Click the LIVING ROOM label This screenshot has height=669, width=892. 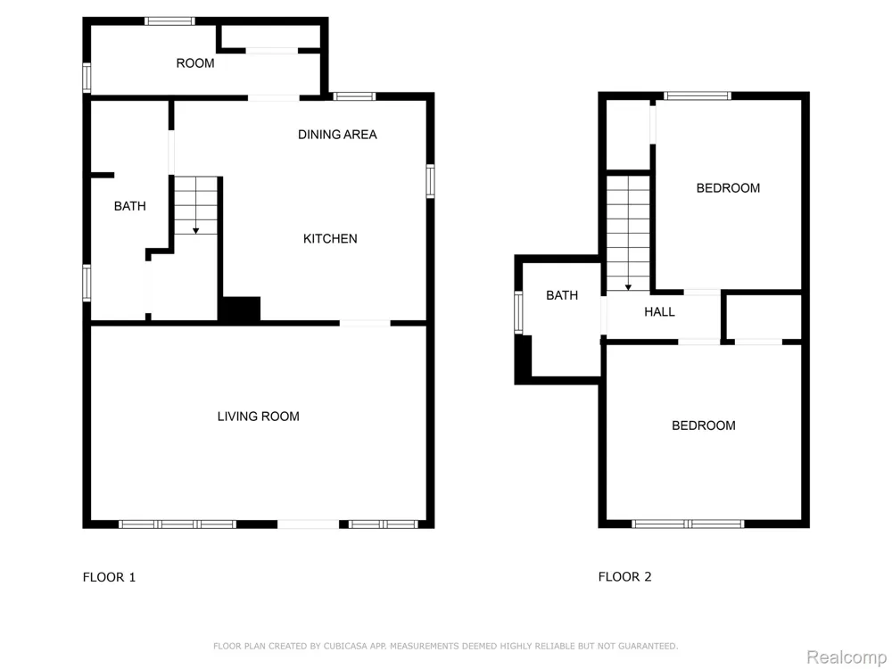(x=259, y=417)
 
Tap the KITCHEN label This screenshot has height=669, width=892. (x=330, y=239)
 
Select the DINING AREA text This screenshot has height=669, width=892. (x=337, y=135)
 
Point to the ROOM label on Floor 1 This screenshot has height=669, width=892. (x=195, y=63)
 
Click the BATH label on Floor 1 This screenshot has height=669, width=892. (x=129, y=206)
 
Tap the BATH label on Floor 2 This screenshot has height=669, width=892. (x=562, y=295)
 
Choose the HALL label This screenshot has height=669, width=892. (x=659, y=311)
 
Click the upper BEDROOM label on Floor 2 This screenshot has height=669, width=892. (x=728, y=188)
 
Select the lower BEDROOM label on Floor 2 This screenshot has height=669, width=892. (x=704, y=425)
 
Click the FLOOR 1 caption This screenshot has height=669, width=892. (x=109, y=577)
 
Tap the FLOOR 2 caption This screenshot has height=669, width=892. (x=624, y=577)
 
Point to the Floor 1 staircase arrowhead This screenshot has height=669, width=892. (x=195, y=231)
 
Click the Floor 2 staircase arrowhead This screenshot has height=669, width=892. (x=628, y=287)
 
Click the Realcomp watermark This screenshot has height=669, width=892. (x=847, y=657)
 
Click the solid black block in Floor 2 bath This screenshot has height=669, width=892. (x=524, y=359)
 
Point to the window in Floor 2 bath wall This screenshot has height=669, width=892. (x=518, y=311)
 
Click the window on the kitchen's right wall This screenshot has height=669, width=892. (x=430, y=181)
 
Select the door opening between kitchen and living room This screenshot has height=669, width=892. (x=365, y=323)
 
